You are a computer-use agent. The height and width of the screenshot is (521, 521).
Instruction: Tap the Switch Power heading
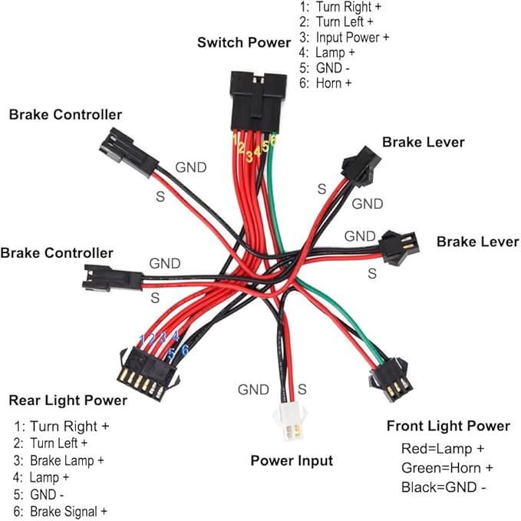click(244, 42)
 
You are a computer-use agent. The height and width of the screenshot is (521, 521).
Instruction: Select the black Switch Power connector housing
click(258, 101)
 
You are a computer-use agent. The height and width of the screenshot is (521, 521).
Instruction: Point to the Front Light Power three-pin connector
click(391, 380)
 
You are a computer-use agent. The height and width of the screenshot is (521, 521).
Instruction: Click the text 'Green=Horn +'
click(447, 468)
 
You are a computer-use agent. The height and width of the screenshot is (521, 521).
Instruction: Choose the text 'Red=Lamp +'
click(443, 449)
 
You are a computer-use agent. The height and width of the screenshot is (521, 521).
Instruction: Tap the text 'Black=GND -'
click(444, 487)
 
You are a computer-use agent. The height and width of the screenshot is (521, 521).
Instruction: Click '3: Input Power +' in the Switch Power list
click(344, 37)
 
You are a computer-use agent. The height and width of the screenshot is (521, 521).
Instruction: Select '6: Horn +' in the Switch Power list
click(325, 83)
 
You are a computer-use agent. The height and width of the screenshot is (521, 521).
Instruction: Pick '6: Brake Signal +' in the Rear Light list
click(60, 511)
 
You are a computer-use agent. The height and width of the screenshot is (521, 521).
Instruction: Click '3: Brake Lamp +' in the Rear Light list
click(59, 460)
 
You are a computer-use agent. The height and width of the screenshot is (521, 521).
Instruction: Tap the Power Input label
click(292, 460)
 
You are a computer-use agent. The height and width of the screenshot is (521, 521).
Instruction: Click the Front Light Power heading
click(448, 426)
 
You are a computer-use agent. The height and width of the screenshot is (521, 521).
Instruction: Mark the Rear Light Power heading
click(68, 400)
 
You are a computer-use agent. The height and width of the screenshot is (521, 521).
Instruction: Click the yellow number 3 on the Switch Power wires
click(249, 157)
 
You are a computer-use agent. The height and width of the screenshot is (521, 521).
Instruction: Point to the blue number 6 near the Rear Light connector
click(185, 350)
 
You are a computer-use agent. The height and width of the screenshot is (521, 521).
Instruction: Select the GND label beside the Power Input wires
click(253, 390)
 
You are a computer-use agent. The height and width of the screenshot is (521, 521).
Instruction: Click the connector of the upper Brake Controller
click(129, 153)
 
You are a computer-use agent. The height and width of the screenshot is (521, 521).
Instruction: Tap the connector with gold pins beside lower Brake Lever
click(400, 246)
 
